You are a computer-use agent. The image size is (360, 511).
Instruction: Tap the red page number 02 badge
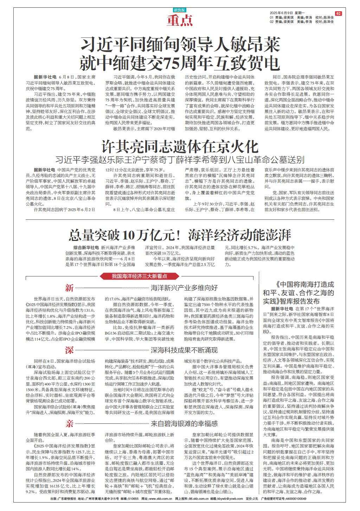click(x=338, y=13)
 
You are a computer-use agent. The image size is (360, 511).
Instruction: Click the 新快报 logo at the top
click(x=180, y=10)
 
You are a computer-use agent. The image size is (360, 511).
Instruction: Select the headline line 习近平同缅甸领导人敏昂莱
click(x=180, y=45)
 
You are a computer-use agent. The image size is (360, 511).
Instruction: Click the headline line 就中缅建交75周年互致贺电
click(x=180, y=63)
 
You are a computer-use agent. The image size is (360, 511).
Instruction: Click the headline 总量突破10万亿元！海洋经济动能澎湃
click(x=180, y=234)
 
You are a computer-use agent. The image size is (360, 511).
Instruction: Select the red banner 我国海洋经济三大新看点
click(x=139, y=266)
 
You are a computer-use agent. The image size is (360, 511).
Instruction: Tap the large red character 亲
click(x=69, y=423)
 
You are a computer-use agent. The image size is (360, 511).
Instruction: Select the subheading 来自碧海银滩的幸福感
click(x=184, y=423)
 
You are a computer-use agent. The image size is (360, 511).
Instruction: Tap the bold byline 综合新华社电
click(x=86, y=248)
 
